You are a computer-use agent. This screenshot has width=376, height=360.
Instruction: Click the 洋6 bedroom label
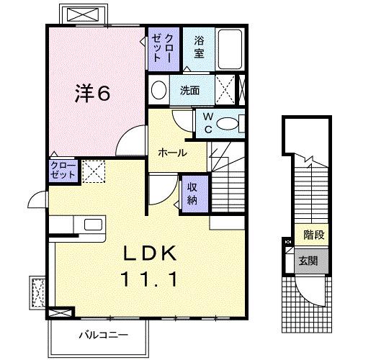click(93, 94)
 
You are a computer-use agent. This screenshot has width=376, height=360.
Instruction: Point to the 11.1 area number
click(150, 277)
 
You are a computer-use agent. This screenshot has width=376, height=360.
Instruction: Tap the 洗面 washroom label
click(190, 91)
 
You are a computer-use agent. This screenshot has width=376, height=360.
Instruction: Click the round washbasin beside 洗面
click(159, 90)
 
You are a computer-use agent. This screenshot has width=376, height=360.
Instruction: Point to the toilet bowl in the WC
click(230, 123)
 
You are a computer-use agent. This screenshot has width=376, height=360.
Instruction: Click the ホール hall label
click(173, 153)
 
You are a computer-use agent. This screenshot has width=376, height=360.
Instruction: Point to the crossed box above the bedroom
click(81, 14)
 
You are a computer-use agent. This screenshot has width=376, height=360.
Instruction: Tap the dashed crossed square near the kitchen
click(93, 171)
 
